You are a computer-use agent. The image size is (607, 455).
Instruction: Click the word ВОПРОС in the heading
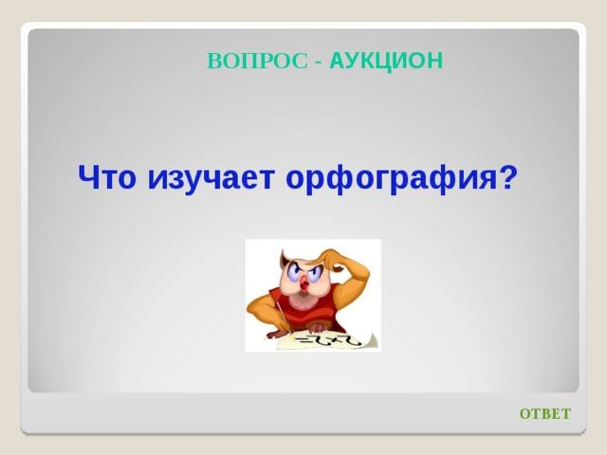pyautogui.click(x=257, y=61)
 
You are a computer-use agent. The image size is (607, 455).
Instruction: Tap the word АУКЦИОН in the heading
pyautogui.click(x=386, y=61)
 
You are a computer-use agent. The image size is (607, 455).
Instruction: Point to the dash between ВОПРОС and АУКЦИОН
pyautogui.click(x=319, y=63)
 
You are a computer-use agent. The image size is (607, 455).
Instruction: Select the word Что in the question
pyautogui.click(x=107, y=177)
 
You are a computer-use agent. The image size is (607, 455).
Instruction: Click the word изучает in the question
pyautogui.click(x=211, y=180)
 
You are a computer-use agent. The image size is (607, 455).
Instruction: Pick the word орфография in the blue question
pyautogui.click(x=391, y=179)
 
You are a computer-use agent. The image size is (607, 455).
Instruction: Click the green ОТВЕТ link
pyautogui.click(x=545, y=413)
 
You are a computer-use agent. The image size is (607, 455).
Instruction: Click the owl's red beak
pyautogui.click(x=304, y=283)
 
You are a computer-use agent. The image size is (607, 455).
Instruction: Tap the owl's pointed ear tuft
pyautogui.click(x=284, y=257)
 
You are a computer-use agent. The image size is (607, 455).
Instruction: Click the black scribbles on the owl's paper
pyautogui.click(x=328, y=340)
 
